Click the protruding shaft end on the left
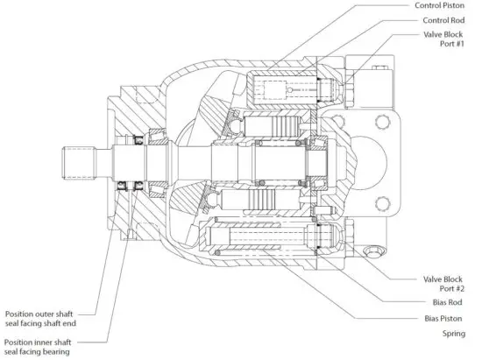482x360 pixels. tap(78, 162)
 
